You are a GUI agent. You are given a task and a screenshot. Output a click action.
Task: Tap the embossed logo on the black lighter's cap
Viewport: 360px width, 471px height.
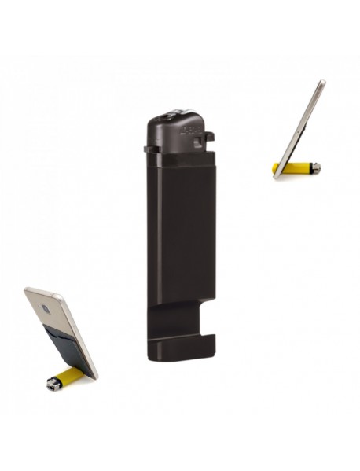(x=193, y=126)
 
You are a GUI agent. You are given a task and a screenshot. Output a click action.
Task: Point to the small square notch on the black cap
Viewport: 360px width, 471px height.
(x=208, y=138)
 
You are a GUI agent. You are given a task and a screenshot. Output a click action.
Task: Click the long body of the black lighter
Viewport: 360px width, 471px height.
(x=181, y=236)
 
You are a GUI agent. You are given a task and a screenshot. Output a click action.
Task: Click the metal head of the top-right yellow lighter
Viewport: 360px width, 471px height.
(x=314, y=167)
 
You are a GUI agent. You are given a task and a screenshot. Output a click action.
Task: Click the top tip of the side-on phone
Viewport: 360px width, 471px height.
(x=322, y=81)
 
